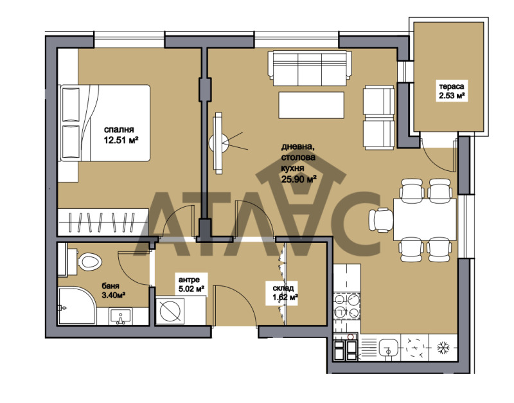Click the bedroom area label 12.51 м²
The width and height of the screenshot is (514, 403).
click(x=122, y=138)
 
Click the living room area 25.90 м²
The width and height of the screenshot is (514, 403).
click(x=298, y=179)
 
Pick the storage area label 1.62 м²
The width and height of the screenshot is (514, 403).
click(x=285, y=298)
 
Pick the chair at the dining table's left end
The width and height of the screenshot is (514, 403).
click(x=380, y=220)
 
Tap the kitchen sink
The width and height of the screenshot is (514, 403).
click(x=388, y=350)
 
